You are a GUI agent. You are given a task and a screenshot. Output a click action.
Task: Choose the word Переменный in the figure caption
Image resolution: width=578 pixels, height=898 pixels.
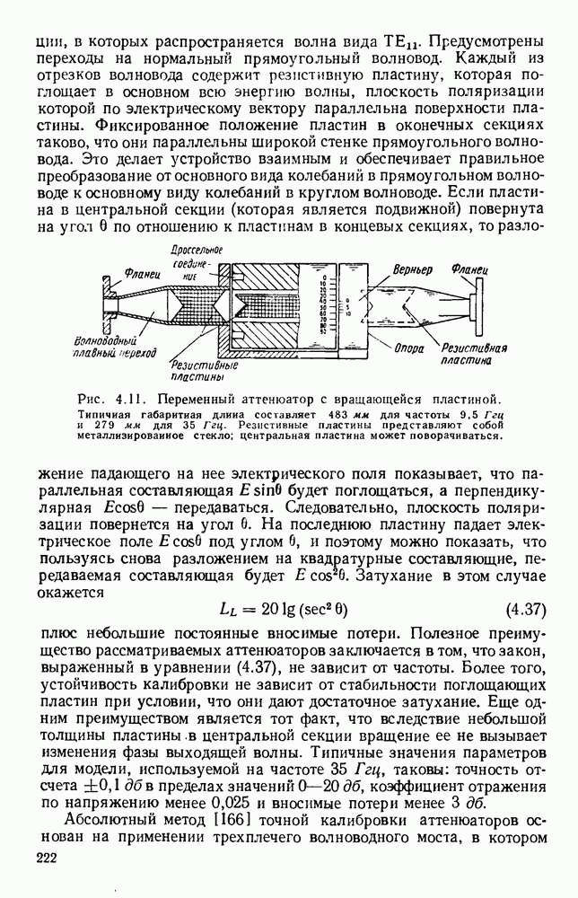187,398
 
